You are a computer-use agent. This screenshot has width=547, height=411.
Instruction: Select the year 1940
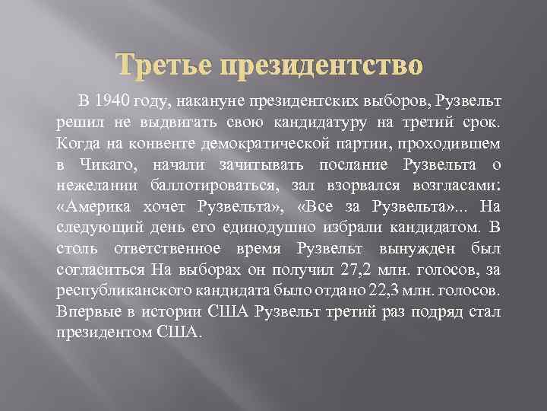point(115,101)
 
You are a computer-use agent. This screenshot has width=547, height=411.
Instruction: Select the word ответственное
point(162,249)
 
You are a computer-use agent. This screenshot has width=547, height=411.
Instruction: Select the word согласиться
point(101,270)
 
